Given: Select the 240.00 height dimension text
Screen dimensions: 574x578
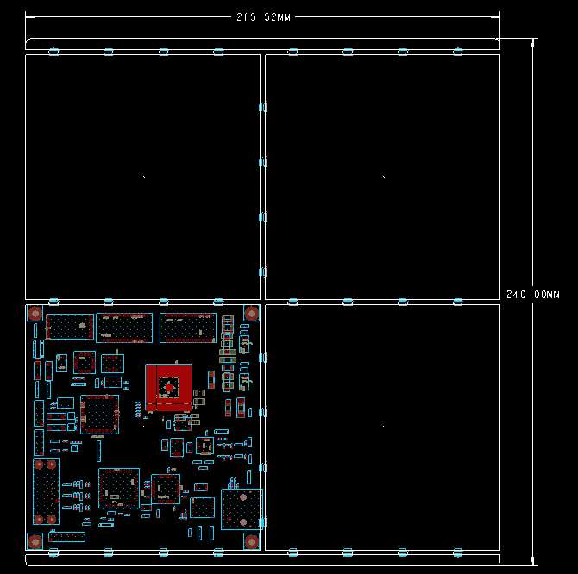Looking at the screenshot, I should [532, 295].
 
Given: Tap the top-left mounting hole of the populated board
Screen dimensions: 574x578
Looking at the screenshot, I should [35, 314].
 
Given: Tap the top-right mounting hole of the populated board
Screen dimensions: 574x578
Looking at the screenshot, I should [251, 314].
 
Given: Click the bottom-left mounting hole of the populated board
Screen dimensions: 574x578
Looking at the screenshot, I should [35, 540].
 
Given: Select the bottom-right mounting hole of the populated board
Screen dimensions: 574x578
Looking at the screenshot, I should [251, 540].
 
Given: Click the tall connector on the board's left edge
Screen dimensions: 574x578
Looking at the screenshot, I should [46, 491].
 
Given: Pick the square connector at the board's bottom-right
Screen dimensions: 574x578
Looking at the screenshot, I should [241, 508].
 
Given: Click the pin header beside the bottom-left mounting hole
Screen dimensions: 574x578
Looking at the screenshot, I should [66, 537].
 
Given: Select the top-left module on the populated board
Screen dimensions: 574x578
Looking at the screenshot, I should [70, 328].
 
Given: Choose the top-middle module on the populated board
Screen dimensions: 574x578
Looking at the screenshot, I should [124, 328].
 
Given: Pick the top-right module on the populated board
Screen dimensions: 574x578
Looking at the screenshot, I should [187, 328].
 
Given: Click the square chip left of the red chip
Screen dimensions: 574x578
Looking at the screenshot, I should [99, 413].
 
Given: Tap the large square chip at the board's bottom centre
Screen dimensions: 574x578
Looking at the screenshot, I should [118, 487].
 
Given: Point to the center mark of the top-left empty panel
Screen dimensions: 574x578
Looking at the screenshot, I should [143, 177].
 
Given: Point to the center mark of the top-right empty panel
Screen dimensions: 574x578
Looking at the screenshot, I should [384, 177].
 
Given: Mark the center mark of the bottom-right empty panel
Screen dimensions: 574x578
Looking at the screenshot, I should [384, 426].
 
